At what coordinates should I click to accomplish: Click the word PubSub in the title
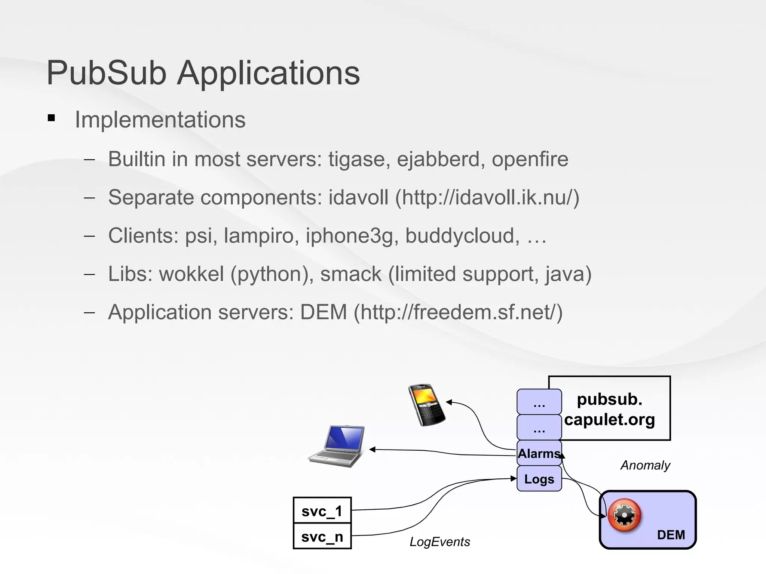click(x=107, y=73)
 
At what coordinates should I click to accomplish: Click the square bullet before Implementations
click(x=52, y=118)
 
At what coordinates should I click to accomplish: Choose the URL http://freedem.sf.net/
click(x=458, y=312)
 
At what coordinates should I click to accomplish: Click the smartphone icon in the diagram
click(x=427, y=405)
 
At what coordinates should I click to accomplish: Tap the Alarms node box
click(x=539, y=453)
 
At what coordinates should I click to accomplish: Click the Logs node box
click(x=539, y=479)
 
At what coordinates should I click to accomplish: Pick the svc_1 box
click(x=322, y=510)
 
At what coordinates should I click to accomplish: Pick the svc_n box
click(x=322, y=536)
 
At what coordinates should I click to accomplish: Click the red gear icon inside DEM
click(x=624, y=515)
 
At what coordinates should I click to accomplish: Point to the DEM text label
click(x=671, y=535)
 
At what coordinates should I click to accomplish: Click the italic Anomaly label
click(x=645, y=465)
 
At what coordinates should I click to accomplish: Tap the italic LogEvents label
click(x=440, y=541)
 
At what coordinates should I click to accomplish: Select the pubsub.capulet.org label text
click(x=610, y=409)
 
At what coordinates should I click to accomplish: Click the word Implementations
click(x=160, y=120)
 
